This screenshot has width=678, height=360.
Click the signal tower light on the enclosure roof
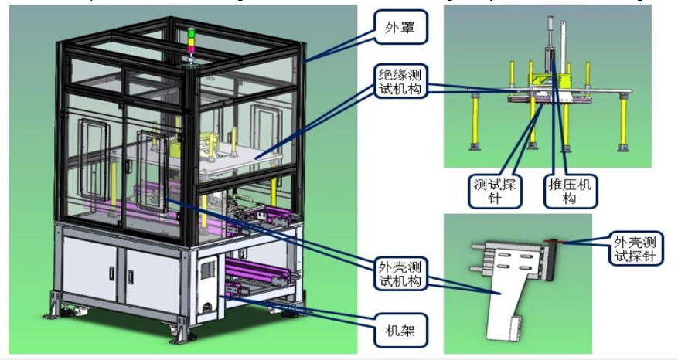[191, 42]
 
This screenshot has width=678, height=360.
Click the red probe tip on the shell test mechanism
[558, 242]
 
